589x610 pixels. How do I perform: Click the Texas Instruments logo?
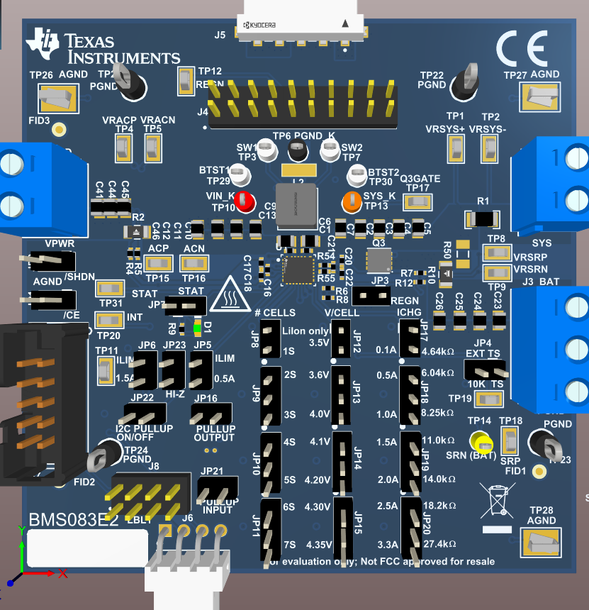102,48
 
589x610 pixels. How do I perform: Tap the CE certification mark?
522,48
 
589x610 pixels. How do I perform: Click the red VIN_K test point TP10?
245,202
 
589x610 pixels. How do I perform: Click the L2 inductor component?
294,206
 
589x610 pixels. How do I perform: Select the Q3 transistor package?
378,261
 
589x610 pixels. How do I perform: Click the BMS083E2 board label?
73,520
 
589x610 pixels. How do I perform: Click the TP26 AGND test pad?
57,97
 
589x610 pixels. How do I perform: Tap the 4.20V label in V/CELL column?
317,479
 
